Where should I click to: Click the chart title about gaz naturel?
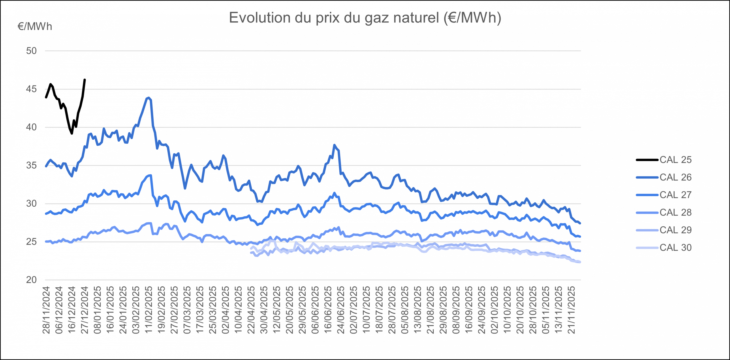[365, 18]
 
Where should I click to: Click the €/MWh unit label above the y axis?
[35, 27]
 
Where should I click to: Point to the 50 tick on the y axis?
[31, 51]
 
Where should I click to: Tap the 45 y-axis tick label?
[31, 89]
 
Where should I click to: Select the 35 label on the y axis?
[31, 165]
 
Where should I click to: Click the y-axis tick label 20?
[31, 280]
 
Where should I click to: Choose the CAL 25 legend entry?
[675, 160]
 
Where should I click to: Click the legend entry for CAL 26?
[675, 177]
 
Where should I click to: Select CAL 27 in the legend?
[675, 195]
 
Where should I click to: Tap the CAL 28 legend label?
[675, 212]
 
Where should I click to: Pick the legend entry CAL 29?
[675, 230]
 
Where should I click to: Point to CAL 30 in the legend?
[675, 247]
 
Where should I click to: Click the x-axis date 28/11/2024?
[46, 310]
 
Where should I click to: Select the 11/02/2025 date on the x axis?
[149, 310]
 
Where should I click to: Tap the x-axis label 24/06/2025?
[341, 310]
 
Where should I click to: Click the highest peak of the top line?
[148, 97]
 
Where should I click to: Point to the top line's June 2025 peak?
[334, 145]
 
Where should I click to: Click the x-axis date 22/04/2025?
[251, 310]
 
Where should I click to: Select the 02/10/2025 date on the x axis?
[495, 310]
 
